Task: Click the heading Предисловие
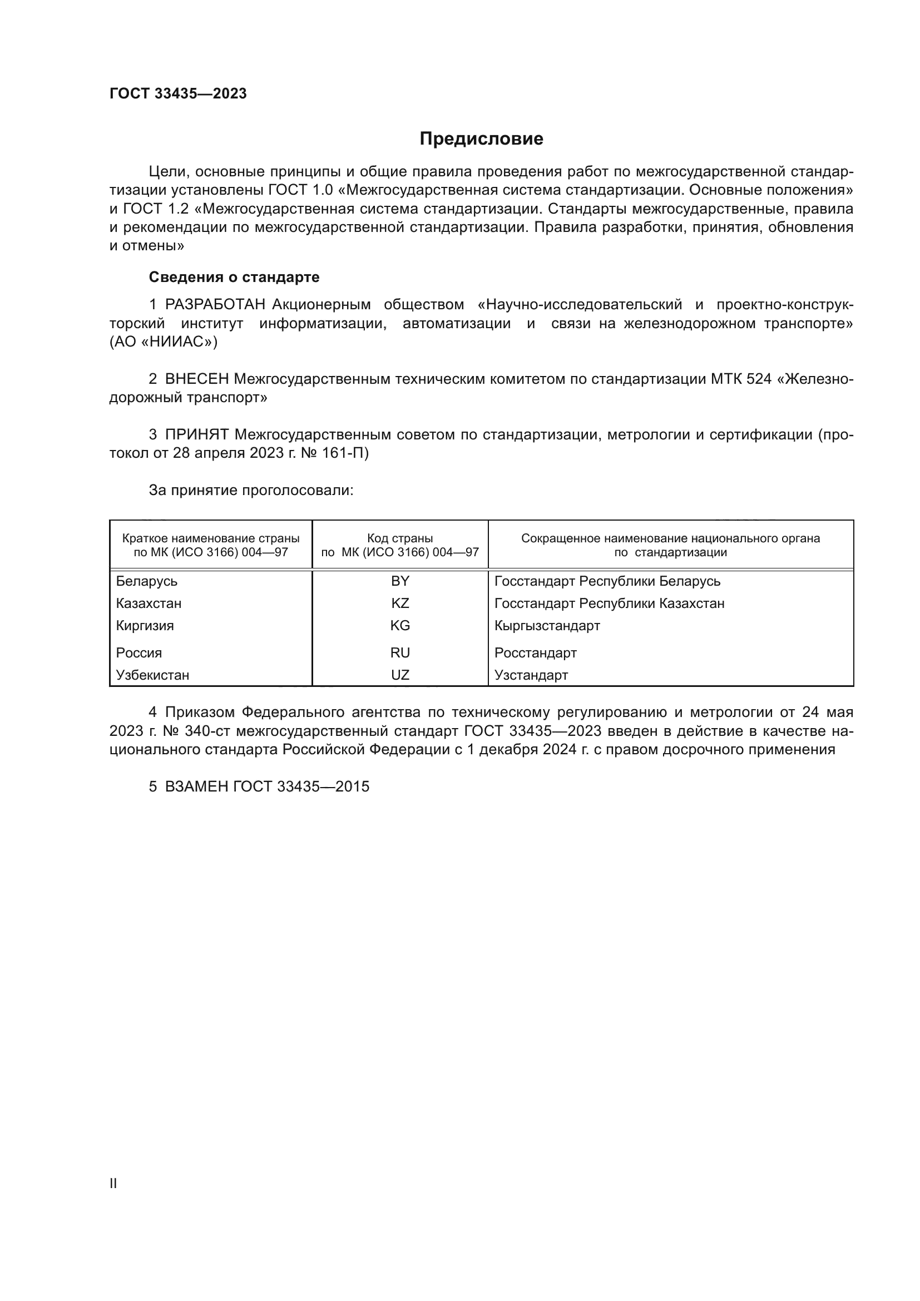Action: pyautogui.click(x=481, y=139)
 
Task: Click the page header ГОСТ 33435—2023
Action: pyautogui.click(x=178, y=94)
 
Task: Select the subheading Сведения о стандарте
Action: pyautogui.click(x=234, y=277)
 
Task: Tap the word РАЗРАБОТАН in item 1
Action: pyautogui.click(x=215, y=305)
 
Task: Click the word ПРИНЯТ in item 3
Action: pyautogui.click(x=196, y=434)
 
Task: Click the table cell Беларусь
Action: pyautogui.click(x=147, y=581)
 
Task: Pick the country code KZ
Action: pyautogui.click(x=400, y=603)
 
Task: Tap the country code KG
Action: pyautogui.click(x=400, y=626)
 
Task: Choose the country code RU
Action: pyautogui.click(x=400, y=653)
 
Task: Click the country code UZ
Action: pyautogui.click(x=400, y=675)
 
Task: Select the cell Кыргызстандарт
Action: pyautogui.click(x=547, y=626)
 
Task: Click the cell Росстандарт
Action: pyautogui.click(x=535, y=653)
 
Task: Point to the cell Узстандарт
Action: pyautogui.click(x=531, y=675)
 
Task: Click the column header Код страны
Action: pyautogui.click(x=400, y=538)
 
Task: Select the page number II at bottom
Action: pyautogui.click(x=113, y=1183)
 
